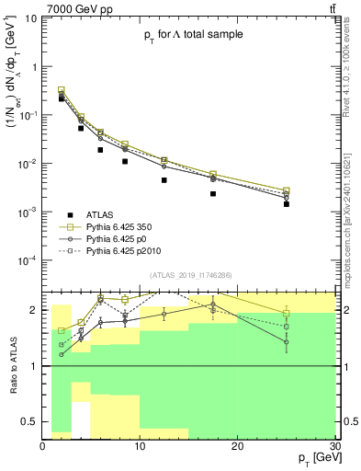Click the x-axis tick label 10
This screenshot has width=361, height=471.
(x=140, y=446)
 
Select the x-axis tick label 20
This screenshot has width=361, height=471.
(x=237, y=446)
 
